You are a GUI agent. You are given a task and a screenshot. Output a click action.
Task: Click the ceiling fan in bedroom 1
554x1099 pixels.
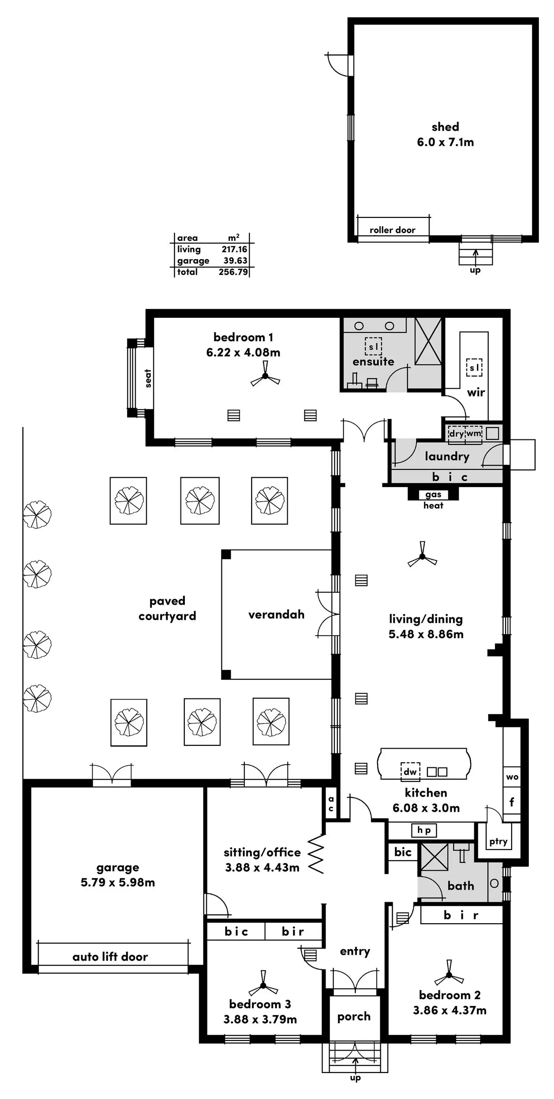(x=265, y=376)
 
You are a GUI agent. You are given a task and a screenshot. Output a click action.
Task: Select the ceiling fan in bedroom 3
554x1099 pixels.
(x=263, y=986)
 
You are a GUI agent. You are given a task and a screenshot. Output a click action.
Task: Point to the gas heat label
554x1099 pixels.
(x=433, y=500)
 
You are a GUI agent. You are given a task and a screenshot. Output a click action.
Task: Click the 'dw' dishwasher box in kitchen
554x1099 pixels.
(x=410, y=771)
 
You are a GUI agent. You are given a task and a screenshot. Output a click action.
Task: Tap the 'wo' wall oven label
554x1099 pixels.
(x=512, y=776)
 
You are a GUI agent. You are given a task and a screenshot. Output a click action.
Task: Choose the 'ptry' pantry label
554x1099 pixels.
(x=498, y=841)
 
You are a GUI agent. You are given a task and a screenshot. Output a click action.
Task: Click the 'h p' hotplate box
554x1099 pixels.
(x=424, y=830)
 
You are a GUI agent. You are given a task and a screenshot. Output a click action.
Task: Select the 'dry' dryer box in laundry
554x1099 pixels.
(x=456, y=433)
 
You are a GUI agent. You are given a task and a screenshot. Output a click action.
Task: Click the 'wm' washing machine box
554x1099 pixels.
(x=473, y=433)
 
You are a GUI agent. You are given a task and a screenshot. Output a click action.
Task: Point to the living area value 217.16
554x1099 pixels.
(x=234, y=249)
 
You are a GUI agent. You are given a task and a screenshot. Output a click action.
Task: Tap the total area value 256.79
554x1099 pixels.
(x=233, y=272)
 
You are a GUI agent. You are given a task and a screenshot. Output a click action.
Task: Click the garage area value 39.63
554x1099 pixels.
(x=236, y=260)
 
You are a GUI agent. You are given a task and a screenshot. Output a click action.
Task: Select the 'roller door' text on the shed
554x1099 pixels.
(x=393, y=230)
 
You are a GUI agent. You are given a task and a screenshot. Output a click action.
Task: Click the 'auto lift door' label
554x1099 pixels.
(x=110, y=957)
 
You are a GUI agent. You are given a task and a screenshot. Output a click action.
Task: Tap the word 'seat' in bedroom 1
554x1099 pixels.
(x=148, y=378)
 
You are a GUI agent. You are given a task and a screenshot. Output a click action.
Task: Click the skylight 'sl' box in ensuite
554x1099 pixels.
(x=373, y=346)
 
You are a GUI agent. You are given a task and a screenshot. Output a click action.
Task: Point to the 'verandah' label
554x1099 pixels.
(x=276, y=614)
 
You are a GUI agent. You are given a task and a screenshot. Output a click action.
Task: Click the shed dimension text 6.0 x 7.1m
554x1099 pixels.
(x=445, y=142)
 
